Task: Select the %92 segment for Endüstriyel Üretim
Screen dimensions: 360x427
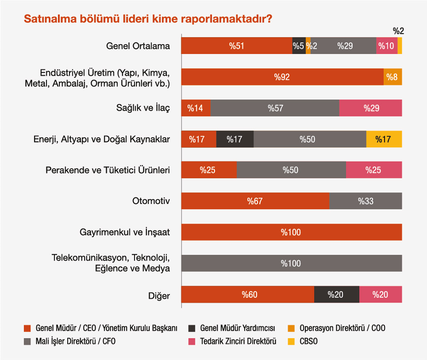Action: click(282, 77)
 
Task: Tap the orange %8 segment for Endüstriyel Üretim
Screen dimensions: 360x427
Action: click(392, 77)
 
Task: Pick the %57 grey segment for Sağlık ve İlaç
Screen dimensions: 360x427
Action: click(275, 108)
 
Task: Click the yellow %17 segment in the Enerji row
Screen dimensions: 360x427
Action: click(384, 139)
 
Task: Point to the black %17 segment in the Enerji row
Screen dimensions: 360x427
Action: click(234, 139)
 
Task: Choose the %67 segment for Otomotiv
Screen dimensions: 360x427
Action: click(255, 201)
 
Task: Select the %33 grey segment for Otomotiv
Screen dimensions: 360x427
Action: click(366, 201)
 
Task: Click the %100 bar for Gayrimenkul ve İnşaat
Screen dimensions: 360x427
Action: click(291, 232)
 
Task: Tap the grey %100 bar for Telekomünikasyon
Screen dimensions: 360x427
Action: click(291, 263)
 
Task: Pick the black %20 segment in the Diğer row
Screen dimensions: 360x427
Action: click(336, 294)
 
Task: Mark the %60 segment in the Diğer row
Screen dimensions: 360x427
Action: click(247, 294)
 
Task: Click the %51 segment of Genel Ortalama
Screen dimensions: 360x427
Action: click(236, 46)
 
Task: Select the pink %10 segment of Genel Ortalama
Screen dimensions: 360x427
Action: click(386, 46)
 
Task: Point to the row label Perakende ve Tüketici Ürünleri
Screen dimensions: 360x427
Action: click(108, 170)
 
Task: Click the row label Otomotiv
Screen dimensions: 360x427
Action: click(151, 201)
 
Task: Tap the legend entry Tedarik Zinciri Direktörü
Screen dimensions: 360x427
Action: click(238, 342)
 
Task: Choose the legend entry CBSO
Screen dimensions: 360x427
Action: click(308, 342)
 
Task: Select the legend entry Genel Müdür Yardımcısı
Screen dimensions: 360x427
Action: click(237, 328)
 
